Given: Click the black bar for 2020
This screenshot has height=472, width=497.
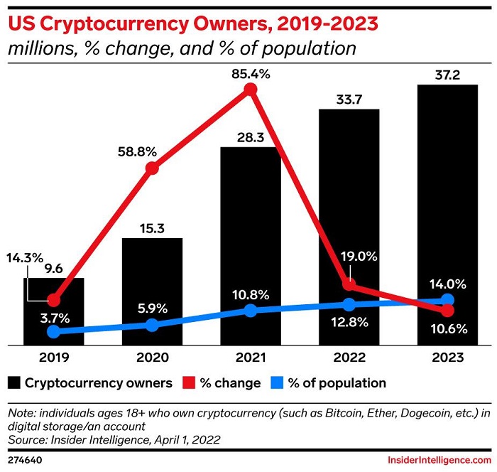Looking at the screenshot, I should coord(152,291).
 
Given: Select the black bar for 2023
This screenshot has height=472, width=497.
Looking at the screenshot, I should coord(447,213).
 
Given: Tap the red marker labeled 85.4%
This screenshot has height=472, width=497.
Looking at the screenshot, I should coord(250,90).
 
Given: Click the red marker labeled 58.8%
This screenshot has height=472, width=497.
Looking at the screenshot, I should coord(152,168).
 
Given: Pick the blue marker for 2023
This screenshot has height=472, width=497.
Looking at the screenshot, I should coord(447,300).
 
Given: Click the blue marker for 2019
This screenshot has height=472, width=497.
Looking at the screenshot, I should coord(54,331).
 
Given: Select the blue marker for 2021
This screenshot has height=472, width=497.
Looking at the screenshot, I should coord(250,311).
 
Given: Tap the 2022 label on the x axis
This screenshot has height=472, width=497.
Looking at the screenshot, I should coord(348,358).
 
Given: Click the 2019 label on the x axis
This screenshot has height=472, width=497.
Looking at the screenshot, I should coord(54,358).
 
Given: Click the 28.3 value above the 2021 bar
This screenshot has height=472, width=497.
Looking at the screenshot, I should coord(250,136).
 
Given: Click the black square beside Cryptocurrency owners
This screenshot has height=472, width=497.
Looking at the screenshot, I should coord(13,383).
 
